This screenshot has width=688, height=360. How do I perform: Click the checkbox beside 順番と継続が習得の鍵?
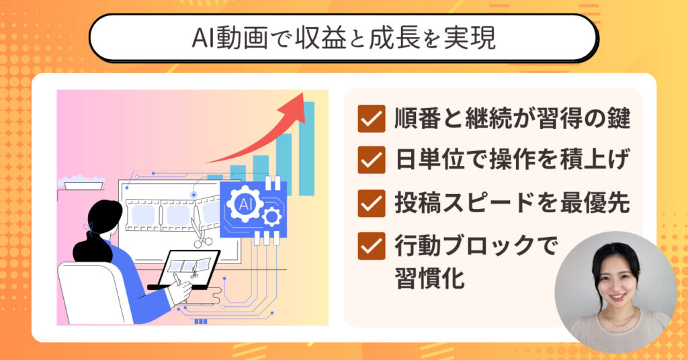click(371, 119)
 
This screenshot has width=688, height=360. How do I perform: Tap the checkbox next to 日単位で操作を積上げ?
click(371, 160)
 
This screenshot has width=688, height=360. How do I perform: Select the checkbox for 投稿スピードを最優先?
click(371, 203)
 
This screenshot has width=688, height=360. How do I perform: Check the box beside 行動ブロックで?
click(371, 246)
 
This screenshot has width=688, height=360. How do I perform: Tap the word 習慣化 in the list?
click(429, 278)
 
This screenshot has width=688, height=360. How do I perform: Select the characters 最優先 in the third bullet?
click(595, 203)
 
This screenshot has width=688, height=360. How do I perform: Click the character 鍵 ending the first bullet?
click(619, 118)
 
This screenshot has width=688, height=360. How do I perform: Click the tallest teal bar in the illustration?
click(306, 148)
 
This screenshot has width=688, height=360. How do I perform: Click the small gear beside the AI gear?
click(272, 216)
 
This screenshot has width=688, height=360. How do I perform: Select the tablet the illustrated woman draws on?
click(189, 269)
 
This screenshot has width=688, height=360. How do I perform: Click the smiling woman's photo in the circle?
click(615, 292)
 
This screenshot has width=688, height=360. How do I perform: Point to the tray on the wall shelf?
click(84, 183)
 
